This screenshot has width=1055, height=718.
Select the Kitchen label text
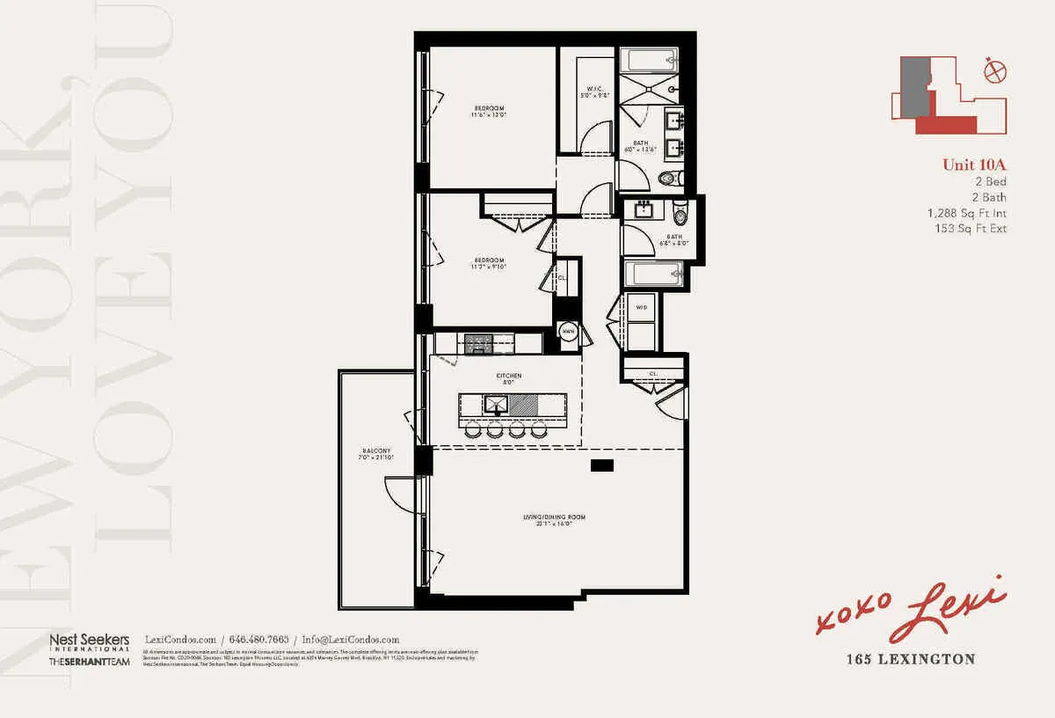pos(509,376)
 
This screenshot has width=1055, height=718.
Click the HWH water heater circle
pos(568,331)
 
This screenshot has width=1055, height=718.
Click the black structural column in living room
pos(603,464)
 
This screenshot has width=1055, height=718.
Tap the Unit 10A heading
pos(974,165)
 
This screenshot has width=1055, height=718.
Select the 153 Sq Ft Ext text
pos(971,229)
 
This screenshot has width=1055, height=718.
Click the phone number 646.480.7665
pos(260,640)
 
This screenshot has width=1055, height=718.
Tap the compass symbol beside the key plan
pos(995,70)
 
